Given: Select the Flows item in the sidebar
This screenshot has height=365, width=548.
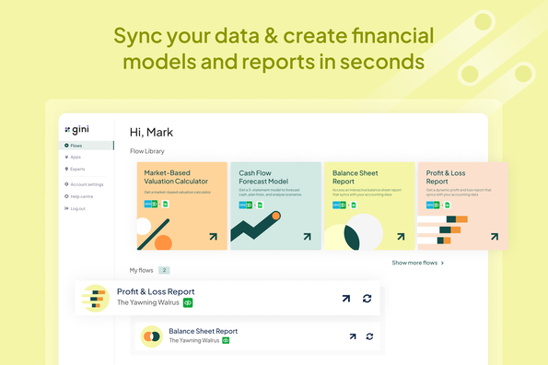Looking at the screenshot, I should [76, 146].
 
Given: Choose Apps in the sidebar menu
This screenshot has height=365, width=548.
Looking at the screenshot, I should [76, 158].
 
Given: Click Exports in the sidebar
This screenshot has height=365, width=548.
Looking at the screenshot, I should [77, 170].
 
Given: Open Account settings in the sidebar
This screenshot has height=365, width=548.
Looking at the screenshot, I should [87, 184].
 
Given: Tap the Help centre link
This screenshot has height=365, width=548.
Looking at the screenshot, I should [81, 196].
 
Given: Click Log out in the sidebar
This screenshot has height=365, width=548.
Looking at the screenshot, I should [77, 208].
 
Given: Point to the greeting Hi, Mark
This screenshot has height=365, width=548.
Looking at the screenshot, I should [152, 132].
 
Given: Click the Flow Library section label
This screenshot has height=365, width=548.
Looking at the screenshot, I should [147, 151].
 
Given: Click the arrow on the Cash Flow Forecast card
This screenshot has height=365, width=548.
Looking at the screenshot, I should [307, 237].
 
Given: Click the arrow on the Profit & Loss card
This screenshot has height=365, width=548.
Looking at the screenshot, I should [495, 237].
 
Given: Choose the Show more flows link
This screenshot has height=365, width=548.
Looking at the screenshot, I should [417, 263].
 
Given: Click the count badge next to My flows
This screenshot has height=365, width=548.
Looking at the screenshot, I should [164, 270].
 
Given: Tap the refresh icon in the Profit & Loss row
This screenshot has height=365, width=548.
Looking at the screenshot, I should [367, 298].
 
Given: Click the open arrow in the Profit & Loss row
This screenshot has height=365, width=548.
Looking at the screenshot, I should [346, 298].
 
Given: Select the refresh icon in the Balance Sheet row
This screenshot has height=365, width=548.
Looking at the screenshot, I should [369, 336].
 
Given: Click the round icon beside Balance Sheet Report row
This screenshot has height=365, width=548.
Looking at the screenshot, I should [152, 336].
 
